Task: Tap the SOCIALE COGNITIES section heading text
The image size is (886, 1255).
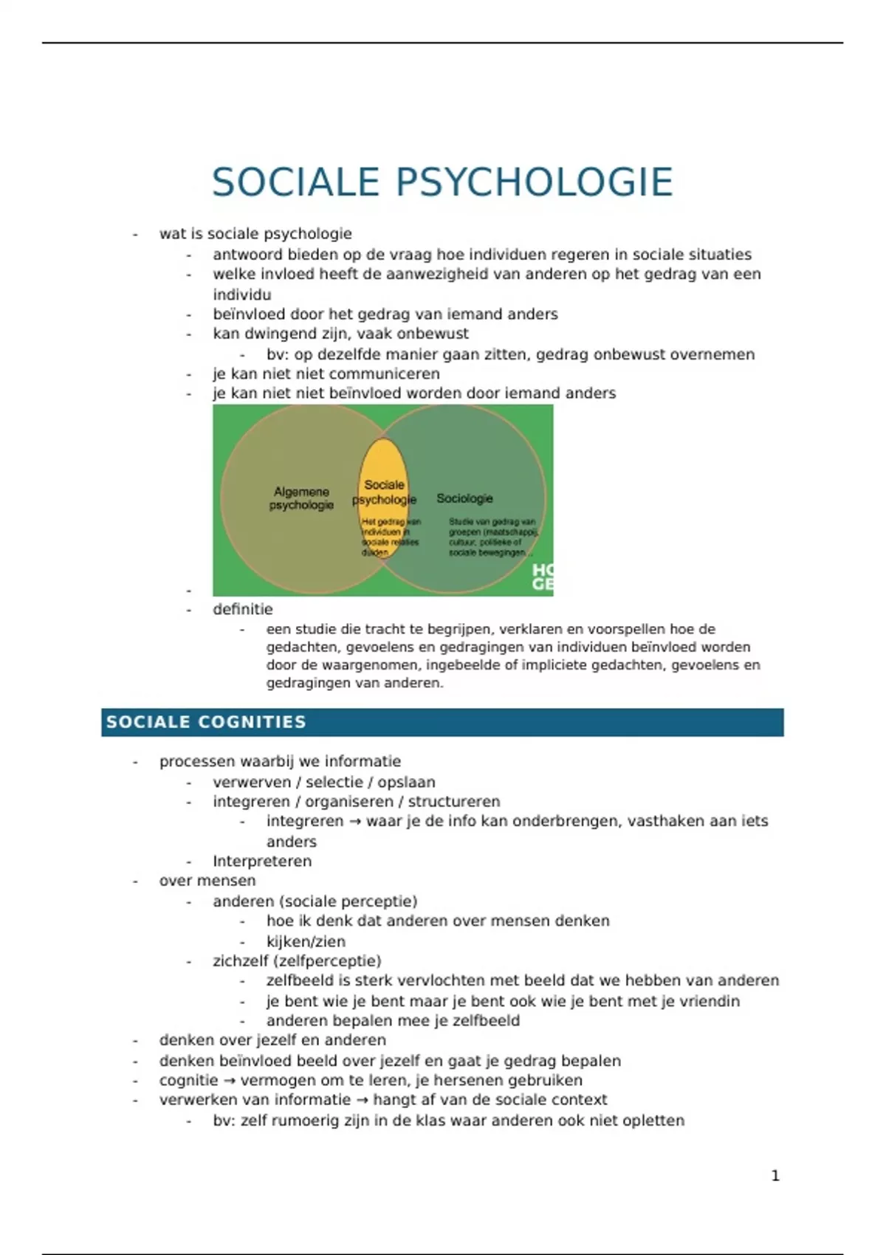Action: pyautogui.click(x=206, y=722)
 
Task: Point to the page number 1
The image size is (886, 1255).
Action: pyautogui.click(x=775, y=1175)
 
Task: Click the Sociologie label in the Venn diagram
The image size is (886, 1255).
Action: pyautogui.click(x=464, y=498)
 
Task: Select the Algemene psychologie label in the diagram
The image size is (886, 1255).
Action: pyautogui.click(x=301, y=498)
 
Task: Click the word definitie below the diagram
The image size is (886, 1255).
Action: pyautogui.click(x=243, y=609)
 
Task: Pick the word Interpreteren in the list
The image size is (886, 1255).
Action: pyautogui.click(x=262, y=861)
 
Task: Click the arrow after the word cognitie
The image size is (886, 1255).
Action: pyautogui.click(x=230, y=1080)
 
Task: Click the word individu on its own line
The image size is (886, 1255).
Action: pyautogui.click(x=242, y=295)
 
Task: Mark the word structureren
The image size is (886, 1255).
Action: pyautogui.click(x=454, y=802)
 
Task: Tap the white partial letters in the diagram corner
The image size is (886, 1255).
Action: pyautogui.click(x=543, y=577)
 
